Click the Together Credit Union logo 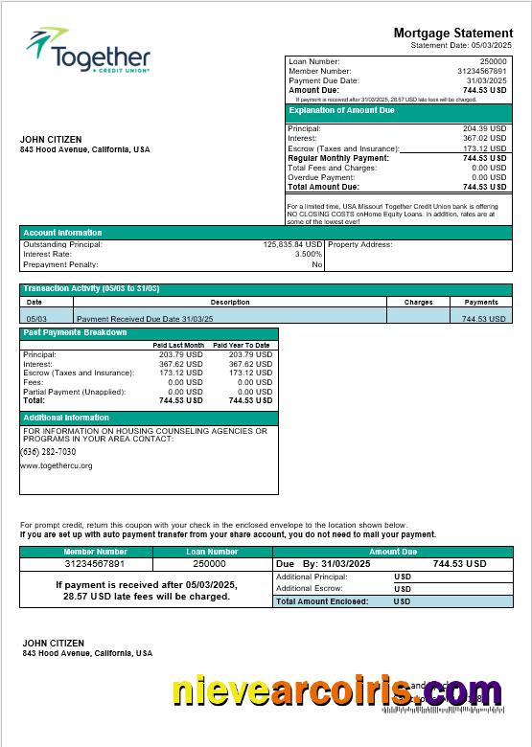(87, 52)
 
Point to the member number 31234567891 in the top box (481, 71)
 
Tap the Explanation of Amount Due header (342, 111)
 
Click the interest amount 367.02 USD (484, 138)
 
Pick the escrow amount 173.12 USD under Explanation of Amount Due (484, 148)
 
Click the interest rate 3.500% (308, 254)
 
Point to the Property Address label (360, 244)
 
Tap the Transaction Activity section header (91, 288)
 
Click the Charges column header (418, 302)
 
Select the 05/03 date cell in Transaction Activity (36, 318)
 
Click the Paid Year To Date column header (242, 345)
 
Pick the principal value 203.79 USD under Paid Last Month (181, 354)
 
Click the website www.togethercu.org (56, 465)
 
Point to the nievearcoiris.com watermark (335, 691)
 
